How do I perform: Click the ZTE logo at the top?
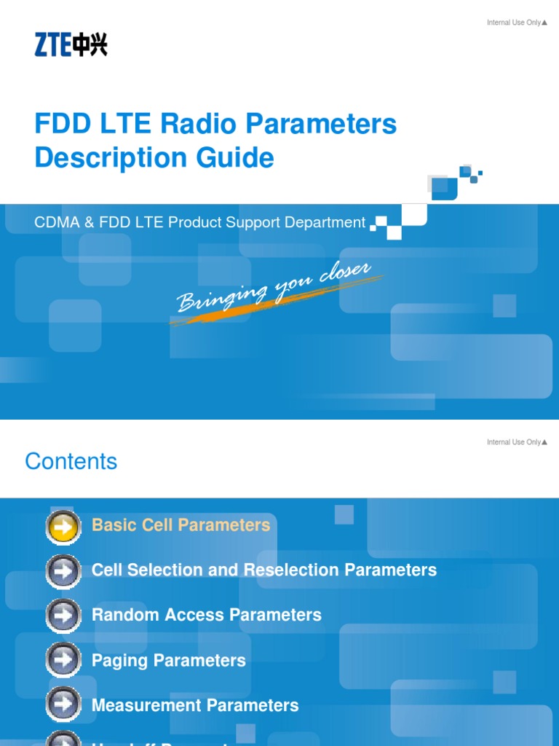(71, 44)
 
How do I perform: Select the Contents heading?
(71, 461)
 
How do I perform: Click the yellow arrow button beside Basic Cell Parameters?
(63, 526)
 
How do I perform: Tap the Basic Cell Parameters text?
(181, 525)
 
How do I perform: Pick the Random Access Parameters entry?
(206, 615)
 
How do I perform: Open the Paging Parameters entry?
(168, 660)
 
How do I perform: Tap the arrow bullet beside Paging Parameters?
(63, 661)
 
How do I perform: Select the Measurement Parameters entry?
(195, 705)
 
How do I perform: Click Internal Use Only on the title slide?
(516, 23)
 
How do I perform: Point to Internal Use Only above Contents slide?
(516, 442)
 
